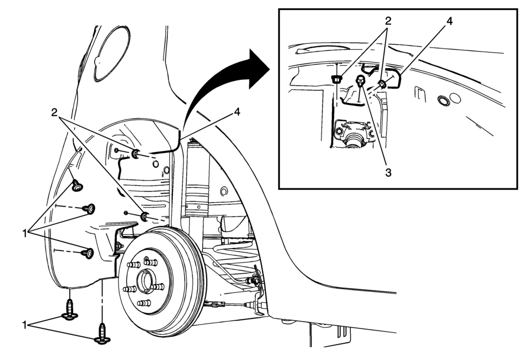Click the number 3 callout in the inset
pos(388,172)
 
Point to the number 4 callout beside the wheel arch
pos(237,112)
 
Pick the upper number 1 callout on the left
pos(24,233)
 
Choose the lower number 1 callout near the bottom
pos(24,323)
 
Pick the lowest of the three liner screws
pos(88,253)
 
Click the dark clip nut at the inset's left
pos(336,78)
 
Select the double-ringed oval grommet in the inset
pos(443,100)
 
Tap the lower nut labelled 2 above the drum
pos(144,216)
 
